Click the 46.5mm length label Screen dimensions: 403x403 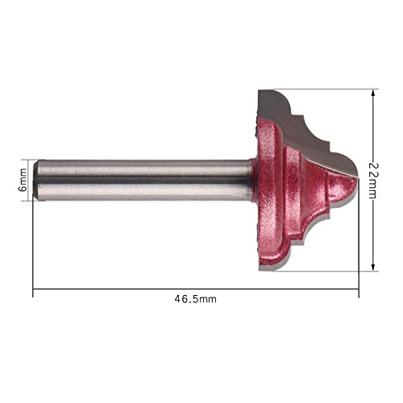195,299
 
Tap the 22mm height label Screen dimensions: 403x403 372,181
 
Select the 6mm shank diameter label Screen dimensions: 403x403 23,180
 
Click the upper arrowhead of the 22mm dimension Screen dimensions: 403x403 373,93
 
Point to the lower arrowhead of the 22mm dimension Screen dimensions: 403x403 373,267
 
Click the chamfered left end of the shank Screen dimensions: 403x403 35,181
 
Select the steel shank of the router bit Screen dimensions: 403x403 143,181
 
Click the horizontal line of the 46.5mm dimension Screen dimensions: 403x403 196,289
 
